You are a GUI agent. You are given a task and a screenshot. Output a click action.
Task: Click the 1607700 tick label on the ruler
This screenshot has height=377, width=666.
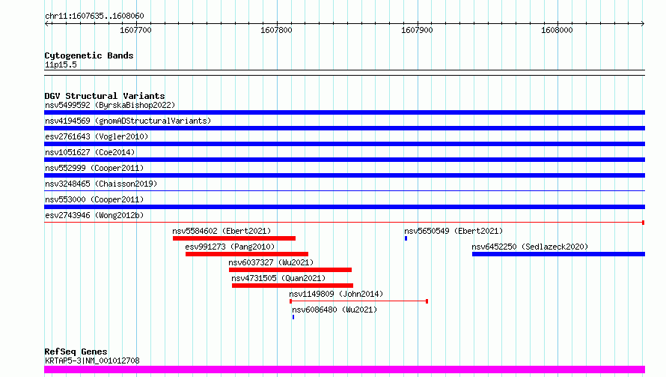pos(135,30)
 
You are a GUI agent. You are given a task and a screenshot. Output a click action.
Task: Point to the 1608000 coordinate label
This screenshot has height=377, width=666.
pos(557,30)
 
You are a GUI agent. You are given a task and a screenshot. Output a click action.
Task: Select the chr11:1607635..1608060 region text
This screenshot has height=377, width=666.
pos(95,16)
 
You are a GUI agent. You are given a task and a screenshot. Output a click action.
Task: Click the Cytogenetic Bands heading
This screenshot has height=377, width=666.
pos(89,55)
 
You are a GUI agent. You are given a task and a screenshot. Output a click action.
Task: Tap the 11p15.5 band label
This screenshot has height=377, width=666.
pos(61,64)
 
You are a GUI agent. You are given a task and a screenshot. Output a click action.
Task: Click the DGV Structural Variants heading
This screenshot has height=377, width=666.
pos(105,96)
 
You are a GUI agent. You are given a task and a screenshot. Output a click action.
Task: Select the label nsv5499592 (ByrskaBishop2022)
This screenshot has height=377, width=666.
pos(110,105)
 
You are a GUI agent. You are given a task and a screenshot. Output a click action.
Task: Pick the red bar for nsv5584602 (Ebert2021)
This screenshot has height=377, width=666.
pos(234,238)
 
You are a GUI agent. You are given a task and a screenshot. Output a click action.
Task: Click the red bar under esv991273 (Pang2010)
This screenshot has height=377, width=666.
pos(247,254)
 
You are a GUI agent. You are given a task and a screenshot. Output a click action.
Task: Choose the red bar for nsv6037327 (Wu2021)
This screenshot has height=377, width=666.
pos(290,270)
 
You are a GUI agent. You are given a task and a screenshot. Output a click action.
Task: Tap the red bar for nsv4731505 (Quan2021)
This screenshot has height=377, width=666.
pos(293,286)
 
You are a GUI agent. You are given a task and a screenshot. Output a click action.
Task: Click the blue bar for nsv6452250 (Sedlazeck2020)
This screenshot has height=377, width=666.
pos(558,254)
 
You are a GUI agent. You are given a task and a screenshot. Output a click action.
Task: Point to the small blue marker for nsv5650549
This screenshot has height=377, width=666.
pos(406,238)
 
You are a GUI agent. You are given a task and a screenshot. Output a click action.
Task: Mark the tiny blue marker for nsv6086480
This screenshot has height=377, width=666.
pos(293,317)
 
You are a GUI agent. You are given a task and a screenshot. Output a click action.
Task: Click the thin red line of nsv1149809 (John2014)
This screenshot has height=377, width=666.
pos(359,301)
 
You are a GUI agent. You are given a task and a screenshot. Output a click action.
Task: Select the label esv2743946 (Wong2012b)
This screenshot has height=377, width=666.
pos(94,215)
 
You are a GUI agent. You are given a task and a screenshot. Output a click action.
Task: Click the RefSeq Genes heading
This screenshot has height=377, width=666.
pos(76,352)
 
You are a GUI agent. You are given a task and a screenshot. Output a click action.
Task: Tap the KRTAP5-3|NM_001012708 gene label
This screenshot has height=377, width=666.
pos(92,361)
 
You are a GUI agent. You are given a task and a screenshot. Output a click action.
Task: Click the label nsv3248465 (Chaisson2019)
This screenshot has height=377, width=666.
pos(101,184)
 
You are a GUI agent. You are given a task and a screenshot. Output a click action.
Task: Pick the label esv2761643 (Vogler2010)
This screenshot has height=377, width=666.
pos(97,136)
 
